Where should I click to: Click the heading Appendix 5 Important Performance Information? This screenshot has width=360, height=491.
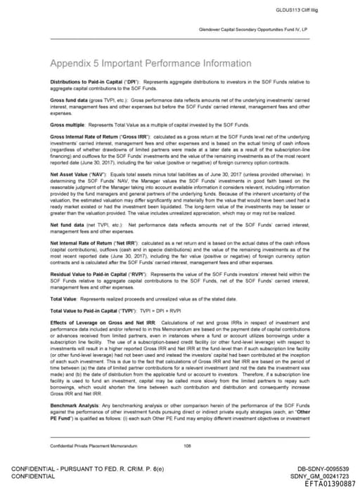[151, 63]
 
